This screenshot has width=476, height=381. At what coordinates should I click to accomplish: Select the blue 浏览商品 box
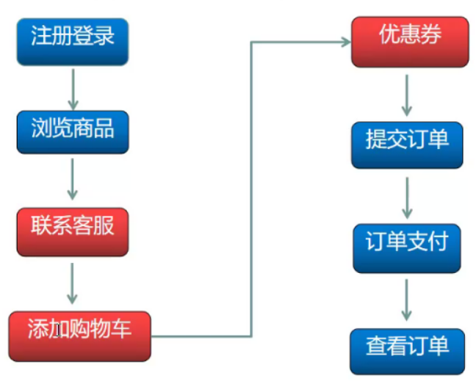coord(72,131)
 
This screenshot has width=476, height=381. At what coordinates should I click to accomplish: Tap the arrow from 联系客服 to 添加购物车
coord(72,282)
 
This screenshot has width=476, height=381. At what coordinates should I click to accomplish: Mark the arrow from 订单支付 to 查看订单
coord(406,298)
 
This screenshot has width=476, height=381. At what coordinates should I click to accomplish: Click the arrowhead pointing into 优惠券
coord(345,42)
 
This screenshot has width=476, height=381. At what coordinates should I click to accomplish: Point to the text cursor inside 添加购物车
coord(57,331)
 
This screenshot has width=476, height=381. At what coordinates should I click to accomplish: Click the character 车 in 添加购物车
coord(121,328)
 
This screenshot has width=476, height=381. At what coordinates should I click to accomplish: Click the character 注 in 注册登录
coord(40,35)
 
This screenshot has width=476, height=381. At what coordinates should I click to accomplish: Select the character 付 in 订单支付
coord(438,241)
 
